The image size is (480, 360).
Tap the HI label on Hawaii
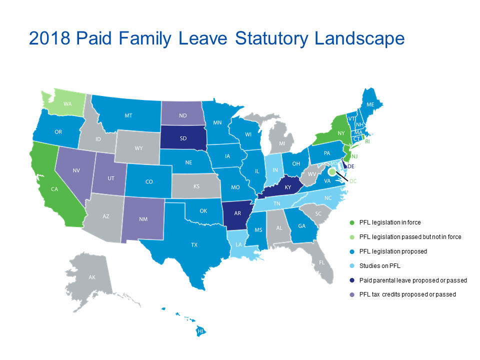[200, 331]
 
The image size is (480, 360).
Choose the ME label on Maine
[370, 105]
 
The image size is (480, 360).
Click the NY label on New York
[341, 133]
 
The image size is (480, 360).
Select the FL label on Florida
[322, 262]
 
